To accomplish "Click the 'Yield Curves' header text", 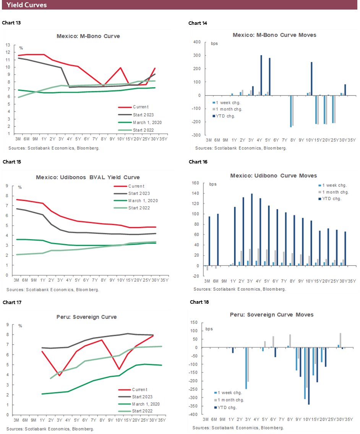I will [x=27, y=5].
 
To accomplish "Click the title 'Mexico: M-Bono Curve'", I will [x=88, y=36].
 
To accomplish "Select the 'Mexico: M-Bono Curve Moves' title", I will [x=274, y=35].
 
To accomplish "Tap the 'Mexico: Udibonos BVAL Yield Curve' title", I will [x=88, y=177].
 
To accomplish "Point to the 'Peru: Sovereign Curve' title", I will [x=88, y=317].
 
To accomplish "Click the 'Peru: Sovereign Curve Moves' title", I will [x=271, y=315].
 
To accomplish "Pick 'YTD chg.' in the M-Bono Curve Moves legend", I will [x=227, y=116].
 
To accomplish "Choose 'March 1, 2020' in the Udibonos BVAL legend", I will [x=143, y=201].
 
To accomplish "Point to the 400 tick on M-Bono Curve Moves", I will [x=198, y=42].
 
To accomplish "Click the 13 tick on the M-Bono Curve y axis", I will [x=8, y=45].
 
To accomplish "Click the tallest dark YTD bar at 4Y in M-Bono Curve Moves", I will [x=261, y=75].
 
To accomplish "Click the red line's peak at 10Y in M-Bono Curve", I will [x=121, y=68].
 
